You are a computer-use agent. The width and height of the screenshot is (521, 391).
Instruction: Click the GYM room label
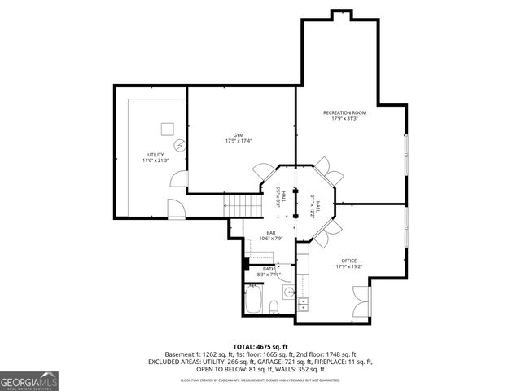[239, 134]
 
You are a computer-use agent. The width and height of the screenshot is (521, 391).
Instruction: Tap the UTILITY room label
[155, 154]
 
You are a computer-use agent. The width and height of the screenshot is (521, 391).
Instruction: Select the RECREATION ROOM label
[344, 112]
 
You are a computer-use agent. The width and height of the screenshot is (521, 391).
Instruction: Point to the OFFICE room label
[348, 260]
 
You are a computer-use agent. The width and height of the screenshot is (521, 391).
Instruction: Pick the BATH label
[268, 269]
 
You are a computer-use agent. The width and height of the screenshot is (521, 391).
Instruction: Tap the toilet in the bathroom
[274, 305]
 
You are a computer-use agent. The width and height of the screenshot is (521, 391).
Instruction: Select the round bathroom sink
[287, 291]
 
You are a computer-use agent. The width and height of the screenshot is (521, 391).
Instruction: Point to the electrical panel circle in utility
[180, 146]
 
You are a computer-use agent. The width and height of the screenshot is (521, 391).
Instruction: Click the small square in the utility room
[168, 128]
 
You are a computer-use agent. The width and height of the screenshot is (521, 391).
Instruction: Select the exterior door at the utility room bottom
[177, 212]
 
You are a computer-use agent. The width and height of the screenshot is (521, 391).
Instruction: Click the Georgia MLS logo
[29, 380]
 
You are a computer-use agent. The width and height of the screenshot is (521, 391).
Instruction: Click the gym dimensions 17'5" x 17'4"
[239, 141]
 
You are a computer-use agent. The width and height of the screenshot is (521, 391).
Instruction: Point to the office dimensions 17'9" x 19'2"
[348, 266]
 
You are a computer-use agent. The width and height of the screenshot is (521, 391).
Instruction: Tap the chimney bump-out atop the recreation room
[342, 15]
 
